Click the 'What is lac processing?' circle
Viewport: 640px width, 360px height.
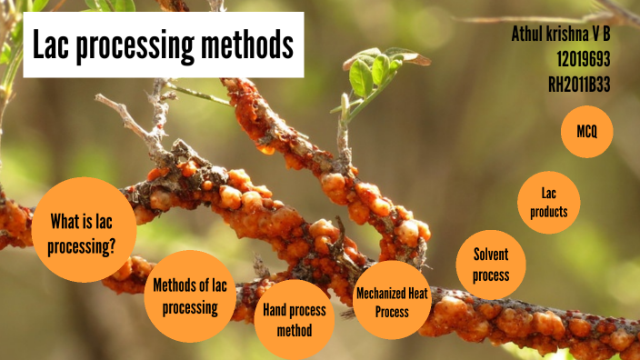point(84,229)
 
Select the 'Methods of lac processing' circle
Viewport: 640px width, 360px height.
point(190,295)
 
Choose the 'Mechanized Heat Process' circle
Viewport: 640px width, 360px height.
point(392,301)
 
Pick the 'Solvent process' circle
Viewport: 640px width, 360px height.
point(490,265)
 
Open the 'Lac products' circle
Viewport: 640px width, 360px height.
point(548,203)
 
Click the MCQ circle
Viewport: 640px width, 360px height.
point(586,132)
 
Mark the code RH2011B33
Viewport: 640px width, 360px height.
point(579,84)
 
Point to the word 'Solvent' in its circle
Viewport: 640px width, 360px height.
point(490,255)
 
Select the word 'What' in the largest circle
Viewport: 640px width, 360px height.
point(67,220)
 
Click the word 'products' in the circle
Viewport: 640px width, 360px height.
point(548,212)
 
